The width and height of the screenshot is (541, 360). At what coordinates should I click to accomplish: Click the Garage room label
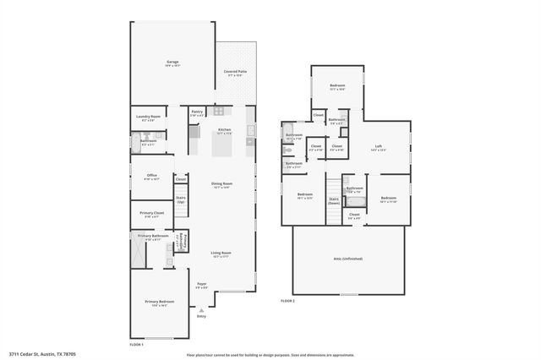coord(172,62)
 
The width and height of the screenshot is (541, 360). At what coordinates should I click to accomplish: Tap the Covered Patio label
coord(235,72)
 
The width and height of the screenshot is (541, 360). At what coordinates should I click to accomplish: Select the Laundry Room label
coord(148,117)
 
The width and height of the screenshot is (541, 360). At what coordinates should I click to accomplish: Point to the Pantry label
coord(196,112)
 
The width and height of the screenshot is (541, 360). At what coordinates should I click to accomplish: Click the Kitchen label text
coord(224,129)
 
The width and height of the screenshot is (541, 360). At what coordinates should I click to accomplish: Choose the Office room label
coord(151,176)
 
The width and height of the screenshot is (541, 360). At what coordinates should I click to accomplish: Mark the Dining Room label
coord(222,183)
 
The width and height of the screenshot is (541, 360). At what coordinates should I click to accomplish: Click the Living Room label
coord(221,253)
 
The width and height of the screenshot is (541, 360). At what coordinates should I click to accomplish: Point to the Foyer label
coord(201,284)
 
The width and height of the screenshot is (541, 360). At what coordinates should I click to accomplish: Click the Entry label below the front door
coord(201,316)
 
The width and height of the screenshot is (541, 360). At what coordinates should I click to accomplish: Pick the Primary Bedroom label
coord(159,302)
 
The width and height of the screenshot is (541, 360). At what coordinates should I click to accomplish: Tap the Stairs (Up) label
coord(180,199)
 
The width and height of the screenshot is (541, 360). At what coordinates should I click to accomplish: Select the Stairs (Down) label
coord(334,200)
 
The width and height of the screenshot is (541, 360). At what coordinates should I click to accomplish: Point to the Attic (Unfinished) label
coord(347,259)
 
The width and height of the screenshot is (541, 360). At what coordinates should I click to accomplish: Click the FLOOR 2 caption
coord(288,301)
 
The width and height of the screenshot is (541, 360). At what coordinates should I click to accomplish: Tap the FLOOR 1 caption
coord(136,345)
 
